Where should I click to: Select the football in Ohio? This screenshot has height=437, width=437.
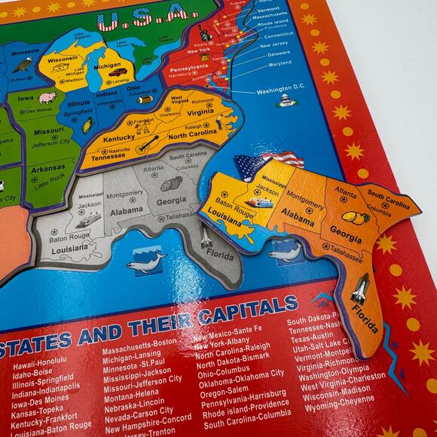coord(145,99)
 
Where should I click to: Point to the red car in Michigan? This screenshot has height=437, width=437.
coord(115,73)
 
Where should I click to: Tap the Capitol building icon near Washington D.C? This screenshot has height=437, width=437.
coord(286,101)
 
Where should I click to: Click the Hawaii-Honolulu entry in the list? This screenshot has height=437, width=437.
coord(43,365)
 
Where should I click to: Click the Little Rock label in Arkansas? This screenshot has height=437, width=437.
coord(50,179)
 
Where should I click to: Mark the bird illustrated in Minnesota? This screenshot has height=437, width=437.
coord(22,66)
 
